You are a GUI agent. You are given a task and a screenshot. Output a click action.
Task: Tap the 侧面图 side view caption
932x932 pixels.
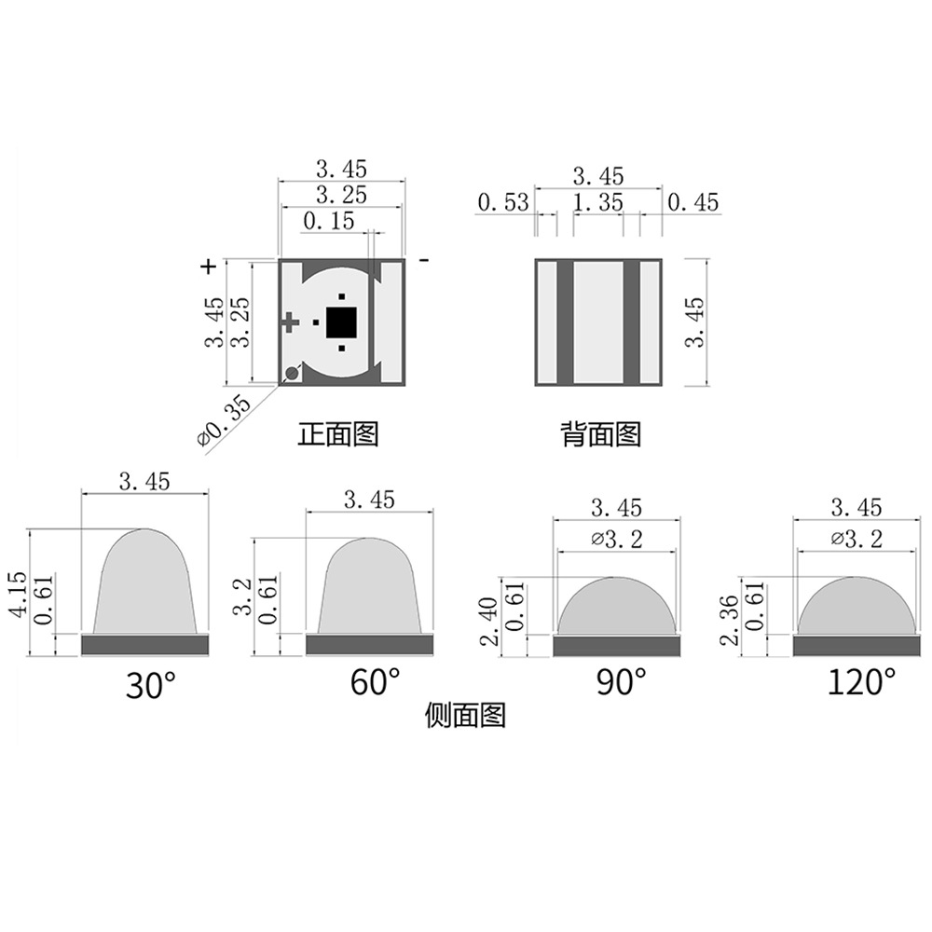tap(464, 716)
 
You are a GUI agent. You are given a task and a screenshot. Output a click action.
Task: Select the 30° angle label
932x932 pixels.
tap(150, 686)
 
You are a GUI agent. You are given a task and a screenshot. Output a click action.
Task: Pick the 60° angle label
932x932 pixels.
tap(375, 682)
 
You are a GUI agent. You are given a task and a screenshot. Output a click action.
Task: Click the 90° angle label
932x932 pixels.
tap(621, 682)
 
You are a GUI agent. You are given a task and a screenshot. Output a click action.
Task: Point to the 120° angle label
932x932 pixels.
tap(861, 682)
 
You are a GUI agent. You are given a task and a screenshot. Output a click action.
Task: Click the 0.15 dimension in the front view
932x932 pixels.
tap(329, 221)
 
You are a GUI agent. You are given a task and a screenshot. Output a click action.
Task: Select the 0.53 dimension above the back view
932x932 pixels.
tap(502, 202)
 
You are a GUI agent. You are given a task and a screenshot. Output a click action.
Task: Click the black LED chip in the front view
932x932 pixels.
tap(341, 322)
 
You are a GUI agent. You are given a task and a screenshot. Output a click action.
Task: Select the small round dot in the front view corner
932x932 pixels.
tap(292, 374)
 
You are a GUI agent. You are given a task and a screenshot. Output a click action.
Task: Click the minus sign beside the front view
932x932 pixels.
tap(423, 262)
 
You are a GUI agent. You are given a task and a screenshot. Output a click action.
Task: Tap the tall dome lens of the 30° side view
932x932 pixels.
tap(144, 582)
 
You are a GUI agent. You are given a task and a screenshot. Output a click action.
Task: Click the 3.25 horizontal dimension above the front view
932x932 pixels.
tap(341, 195)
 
